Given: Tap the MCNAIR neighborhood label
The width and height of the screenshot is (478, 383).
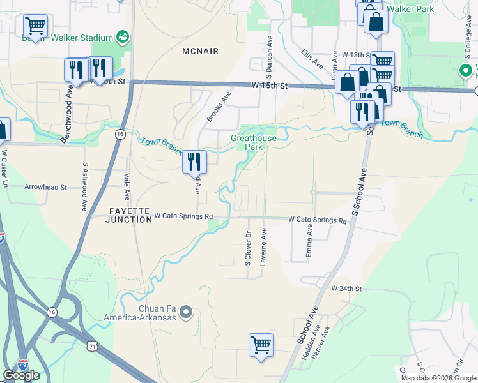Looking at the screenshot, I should coord(200,50).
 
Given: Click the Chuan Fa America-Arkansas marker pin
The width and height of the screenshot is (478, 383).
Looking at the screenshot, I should coord(186,312).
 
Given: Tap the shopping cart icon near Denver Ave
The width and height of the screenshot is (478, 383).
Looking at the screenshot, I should coord(261,345).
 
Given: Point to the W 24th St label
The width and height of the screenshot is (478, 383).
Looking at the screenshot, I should coord(346,289).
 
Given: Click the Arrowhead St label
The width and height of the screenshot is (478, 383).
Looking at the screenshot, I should coord(45,188).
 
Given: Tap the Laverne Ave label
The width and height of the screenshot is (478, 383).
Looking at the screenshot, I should coord(263,248).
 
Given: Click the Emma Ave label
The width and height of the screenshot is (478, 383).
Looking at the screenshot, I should coord(309,241).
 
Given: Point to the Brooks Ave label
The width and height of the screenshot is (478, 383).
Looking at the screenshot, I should coord(218,105).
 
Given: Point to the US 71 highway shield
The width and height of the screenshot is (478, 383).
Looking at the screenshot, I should coord(93,345).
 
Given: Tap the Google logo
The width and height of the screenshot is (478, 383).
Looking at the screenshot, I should coord(21,375).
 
